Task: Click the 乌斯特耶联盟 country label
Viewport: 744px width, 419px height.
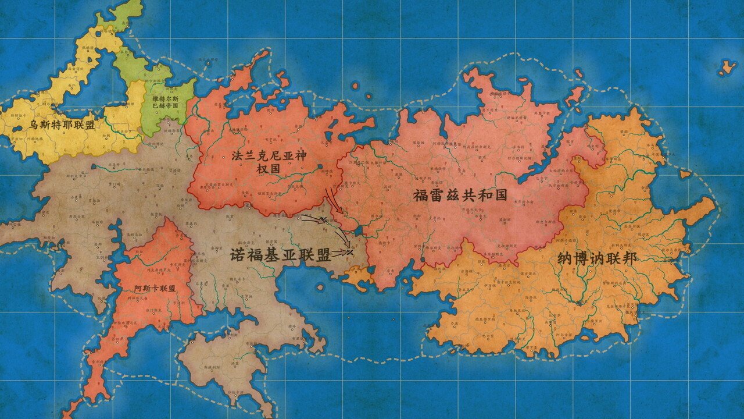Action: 62,125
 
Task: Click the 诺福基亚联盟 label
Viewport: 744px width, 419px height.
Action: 281,255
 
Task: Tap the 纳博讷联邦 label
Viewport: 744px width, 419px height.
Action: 588,258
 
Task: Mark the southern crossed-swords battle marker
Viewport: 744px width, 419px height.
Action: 348,252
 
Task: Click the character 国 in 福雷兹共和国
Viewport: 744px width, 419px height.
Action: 499,195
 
